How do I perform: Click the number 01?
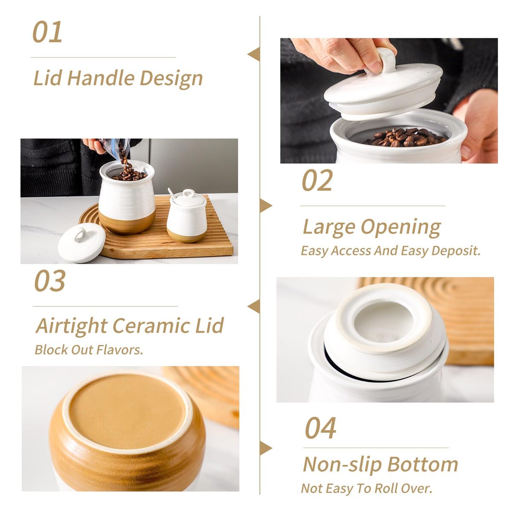(47, 32)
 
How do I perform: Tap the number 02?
(317, 180)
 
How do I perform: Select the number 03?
(50, 281)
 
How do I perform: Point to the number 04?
(321, 428)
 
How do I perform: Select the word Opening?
(401, 227)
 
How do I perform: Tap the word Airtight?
(72, 326)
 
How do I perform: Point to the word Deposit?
(456, 250)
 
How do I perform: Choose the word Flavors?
(119, 350)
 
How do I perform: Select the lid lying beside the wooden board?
(82, 242)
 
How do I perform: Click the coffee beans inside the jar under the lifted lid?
(406, 137)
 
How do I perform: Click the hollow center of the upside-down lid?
(384, 322)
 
